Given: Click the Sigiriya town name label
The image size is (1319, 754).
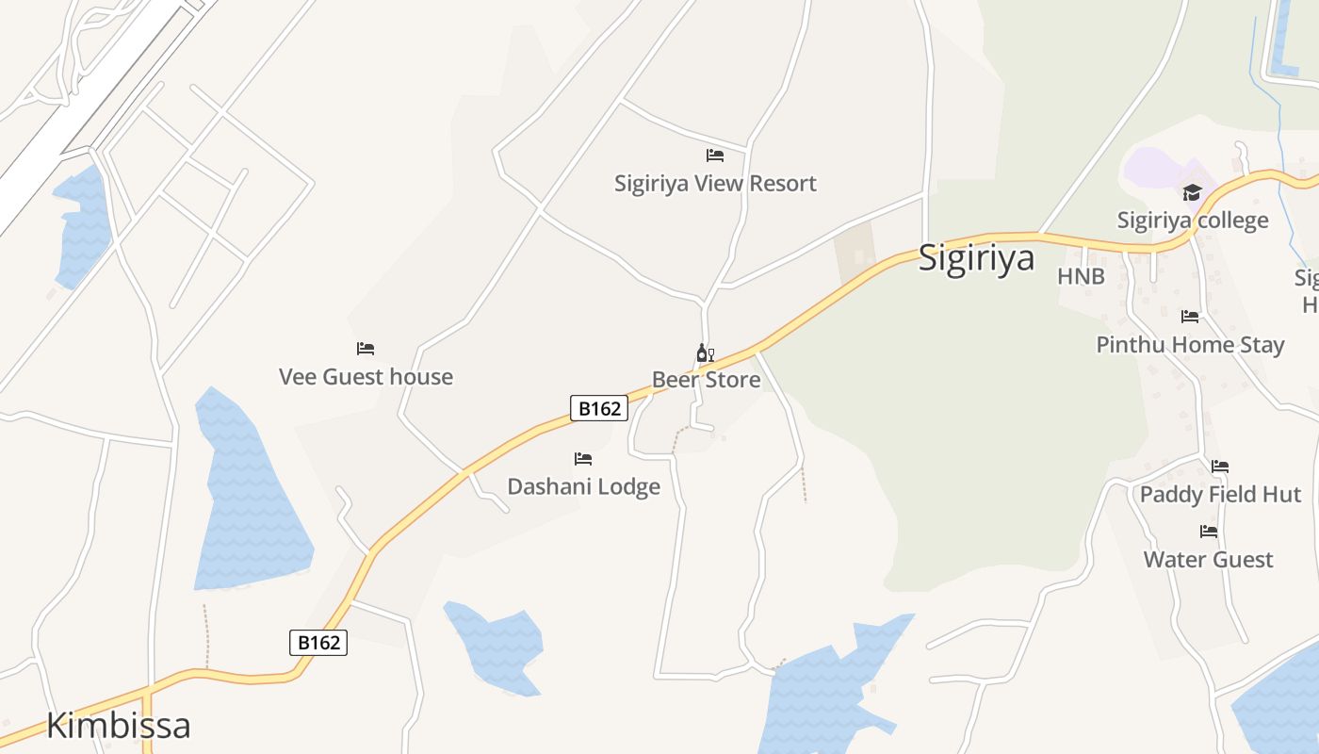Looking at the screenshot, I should click(x=976, y=258).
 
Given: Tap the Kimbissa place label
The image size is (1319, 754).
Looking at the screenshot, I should click(x=118, y=726).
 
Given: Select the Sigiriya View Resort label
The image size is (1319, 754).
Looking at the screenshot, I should click(x=715, y=183).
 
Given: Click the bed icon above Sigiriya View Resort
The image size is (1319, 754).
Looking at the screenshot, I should click(x=715, y=156).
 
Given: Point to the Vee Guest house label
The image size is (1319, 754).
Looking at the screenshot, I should click(x=366, y=377).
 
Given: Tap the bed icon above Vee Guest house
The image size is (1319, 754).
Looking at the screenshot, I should click(x=366, y=349).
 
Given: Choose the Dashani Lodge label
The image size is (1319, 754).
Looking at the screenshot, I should click(x=583, y=486).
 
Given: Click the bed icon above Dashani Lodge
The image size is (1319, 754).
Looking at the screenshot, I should click(x=583, y=459).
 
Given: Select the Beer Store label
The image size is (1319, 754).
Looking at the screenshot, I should click(x=706, y=380).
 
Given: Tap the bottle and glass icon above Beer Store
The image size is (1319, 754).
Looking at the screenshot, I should click(x=705, y=353).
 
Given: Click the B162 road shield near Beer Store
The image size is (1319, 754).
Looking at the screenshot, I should click(x=599, y=408).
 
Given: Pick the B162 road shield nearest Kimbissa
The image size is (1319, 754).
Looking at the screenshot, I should click(x=318, y=643).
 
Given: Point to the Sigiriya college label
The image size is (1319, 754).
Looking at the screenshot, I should click(x=1193, y=221).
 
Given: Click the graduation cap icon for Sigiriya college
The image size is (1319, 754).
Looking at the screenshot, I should click(x=1193, y=193).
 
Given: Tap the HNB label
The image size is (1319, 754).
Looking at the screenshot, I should click(x=1081, y=276).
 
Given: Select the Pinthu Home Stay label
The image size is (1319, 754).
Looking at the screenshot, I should click(x=1190, y=345).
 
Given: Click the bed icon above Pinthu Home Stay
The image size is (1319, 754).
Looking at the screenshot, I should click(x=1190, y=317).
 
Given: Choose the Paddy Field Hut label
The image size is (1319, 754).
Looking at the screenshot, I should click(x=1220, y=494).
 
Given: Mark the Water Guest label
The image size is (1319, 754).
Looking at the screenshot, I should click(x=1208, y=559).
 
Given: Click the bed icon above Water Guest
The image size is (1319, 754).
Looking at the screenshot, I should click(x=1209, y=532).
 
